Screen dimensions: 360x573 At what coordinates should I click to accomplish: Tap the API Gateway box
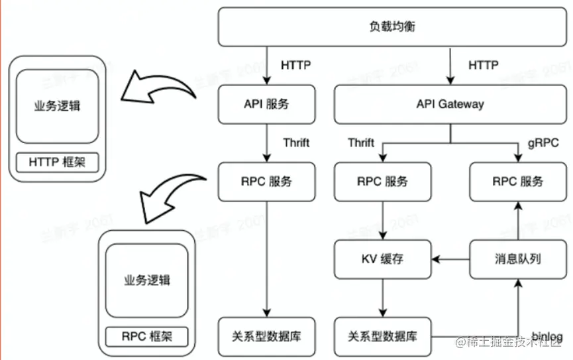(x=450, y=105)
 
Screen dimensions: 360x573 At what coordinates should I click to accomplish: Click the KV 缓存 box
(x=384, y=259)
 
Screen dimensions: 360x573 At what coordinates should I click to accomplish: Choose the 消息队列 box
(x=517, y=259)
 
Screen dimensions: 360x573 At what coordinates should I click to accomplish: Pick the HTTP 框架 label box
(x=58, y=162)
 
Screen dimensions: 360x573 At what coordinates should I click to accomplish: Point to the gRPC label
(x=543, y=143)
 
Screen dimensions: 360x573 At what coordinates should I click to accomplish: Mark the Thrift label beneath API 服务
(x=296, y=143)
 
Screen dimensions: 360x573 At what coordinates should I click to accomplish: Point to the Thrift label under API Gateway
(x=361, y=143)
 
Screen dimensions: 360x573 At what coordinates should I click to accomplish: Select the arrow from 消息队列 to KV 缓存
(x=451, y=259)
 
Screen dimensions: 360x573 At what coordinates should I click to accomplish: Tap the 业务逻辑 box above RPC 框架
(x=146, y=280)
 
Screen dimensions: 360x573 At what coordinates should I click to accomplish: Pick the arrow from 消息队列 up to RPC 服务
(x=517, y=220)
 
